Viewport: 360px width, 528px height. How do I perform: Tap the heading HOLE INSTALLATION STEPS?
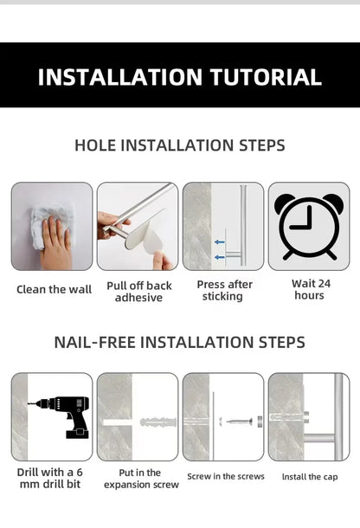(x=180, y=145)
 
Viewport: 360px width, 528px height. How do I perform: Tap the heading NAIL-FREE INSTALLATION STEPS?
(x=180, y=342)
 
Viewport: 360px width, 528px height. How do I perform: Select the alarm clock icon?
(x=309, y=225)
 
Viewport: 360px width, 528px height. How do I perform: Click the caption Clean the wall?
(x=54, y=289)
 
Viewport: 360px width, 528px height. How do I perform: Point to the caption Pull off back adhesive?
(x=138, y=292)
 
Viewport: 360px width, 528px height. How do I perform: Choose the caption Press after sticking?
(x=224, y=291)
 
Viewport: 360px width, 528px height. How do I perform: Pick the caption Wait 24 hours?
(x=309, y=289)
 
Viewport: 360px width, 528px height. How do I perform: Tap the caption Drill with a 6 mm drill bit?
(x=51, y=479)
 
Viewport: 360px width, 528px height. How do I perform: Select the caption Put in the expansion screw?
(x=138, y=479)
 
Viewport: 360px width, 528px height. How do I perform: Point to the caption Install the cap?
(x=309, y=477)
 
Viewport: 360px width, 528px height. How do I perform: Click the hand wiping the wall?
(x=57, y=245)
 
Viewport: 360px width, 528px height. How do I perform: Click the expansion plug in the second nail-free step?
(x=157, y=422)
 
